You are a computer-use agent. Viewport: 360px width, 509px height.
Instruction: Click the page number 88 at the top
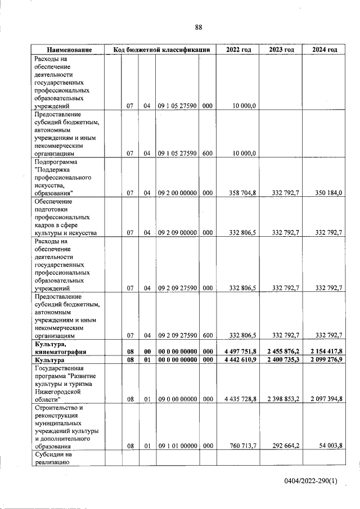tap(199, 28)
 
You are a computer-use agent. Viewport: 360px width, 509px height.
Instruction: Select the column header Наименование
tap(69, 50)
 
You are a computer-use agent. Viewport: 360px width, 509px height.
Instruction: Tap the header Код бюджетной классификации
tap(161, 50)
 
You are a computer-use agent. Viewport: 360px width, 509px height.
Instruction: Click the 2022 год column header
tap(238, 50)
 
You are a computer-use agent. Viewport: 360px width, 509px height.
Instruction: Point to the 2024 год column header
tap(325, 50)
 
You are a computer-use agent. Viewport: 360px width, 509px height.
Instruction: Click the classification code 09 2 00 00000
tap(177, 193)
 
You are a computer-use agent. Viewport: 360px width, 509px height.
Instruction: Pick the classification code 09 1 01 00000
tap(177, 446)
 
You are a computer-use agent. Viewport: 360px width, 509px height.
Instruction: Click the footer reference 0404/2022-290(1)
tap(310, 481)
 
